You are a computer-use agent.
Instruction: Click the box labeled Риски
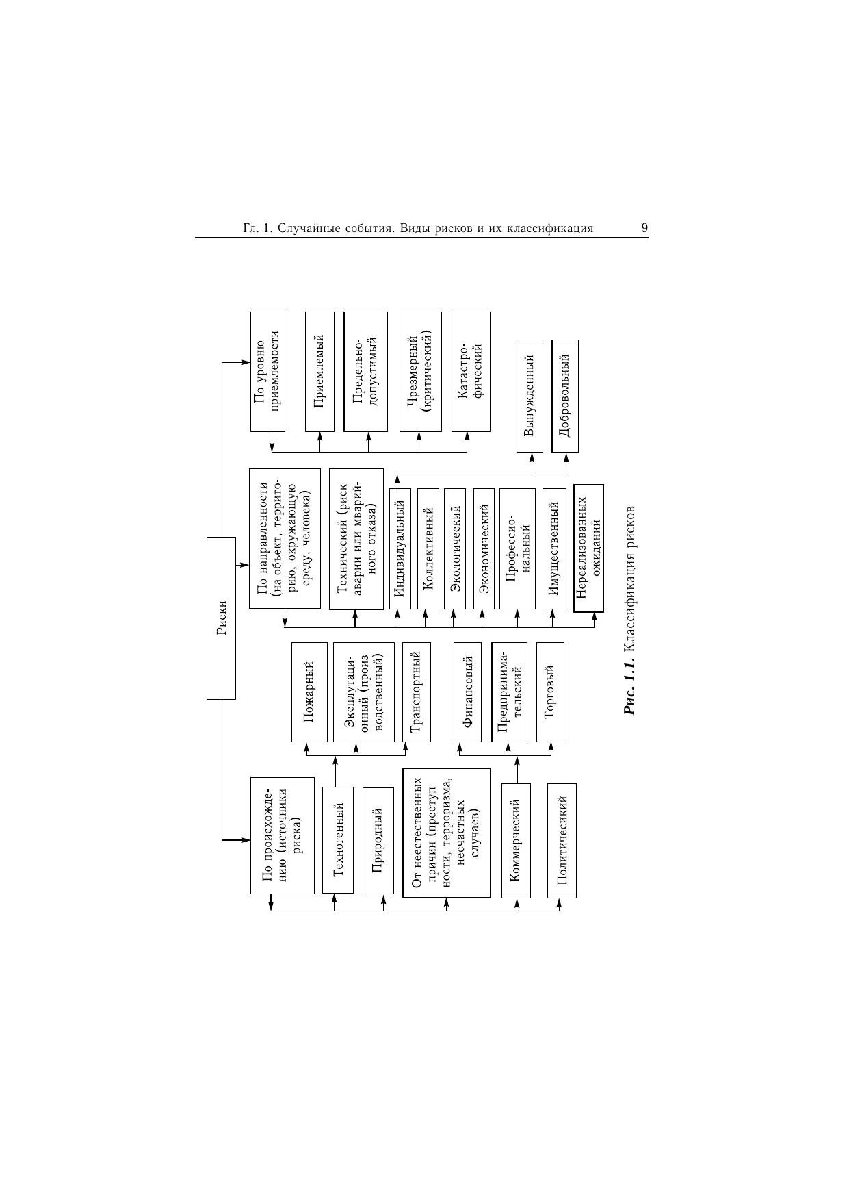[x=221, y=618]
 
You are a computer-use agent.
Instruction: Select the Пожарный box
[x=309, y=692]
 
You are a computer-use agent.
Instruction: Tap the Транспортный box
[x=416, y=692]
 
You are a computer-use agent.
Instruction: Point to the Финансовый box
[x=468, y=692]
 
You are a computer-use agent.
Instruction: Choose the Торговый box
[x=550, y=692]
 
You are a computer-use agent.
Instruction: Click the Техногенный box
[x=338, y=840]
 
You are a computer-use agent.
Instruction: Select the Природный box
[x=378, y=840]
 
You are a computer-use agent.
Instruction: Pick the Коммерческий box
[x=517, y=840]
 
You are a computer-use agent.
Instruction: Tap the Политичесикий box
[x=562, y=840]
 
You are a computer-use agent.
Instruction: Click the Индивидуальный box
[x=400, y=548]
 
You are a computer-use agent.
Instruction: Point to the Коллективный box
[x=428, y=548]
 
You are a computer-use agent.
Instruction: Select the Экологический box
[x=455, y=548]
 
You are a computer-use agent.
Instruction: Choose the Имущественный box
[x=554, y=548]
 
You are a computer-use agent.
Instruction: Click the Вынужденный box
[x=530, y=396]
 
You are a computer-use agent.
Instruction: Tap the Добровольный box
[x=565, y=396]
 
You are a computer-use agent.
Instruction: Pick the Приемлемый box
[x=319, y=372]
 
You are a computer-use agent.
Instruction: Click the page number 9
[x=644, y=228]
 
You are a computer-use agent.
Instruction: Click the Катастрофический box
[x=471, y=372]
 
